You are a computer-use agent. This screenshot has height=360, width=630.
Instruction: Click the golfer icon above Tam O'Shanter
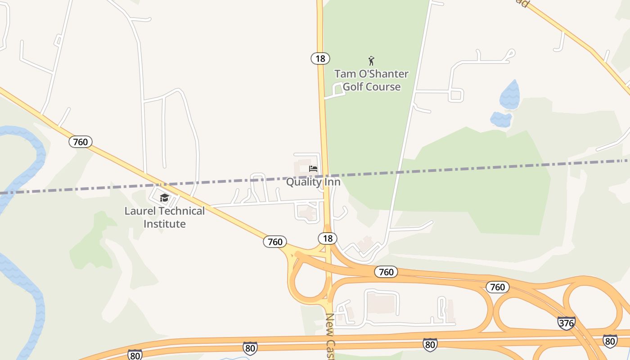tap(371, 60)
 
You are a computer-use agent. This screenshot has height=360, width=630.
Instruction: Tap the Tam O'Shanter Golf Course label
tap(371, 80)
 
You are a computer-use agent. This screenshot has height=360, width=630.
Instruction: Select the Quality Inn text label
tap(313, 182)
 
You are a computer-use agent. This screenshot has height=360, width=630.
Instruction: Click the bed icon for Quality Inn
tap(313, 169)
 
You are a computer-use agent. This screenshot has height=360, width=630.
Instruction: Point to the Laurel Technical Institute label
tap(164, 217)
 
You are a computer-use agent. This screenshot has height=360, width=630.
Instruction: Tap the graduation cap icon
tap(164, 198)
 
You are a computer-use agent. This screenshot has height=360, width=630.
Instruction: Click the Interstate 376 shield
tap(566, 323)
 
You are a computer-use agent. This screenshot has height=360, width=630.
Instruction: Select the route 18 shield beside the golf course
tap(320, 58)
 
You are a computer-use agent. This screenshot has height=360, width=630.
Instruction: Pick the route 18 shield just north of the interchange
tap(328, 238)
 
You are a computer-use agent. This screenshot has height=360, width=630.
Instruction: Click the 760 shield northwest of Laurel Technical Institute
tap(81, 142)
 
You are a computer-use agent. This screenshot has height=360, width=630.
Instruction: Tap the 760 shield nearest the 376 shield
tap(497, 287)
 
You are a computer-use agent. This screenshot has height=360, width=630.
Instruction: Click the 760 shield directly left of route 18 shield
tap(275, 242)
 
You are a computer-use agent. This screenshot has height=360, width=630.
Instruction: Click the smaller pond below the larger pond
tap(501, 119)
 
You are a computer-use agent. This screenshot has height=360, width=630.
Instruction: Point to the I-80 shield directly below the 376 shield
tap(610, 341)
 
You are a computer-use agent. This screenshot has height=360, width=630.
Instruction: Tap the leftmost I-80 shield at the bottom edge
tap(135, 354)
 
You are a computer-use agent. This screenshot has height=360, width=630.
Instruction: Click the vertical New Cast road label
tap(331, 335)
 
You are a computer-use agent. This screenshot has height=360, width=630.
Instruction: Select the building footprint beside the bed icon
tap(302, 167)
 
